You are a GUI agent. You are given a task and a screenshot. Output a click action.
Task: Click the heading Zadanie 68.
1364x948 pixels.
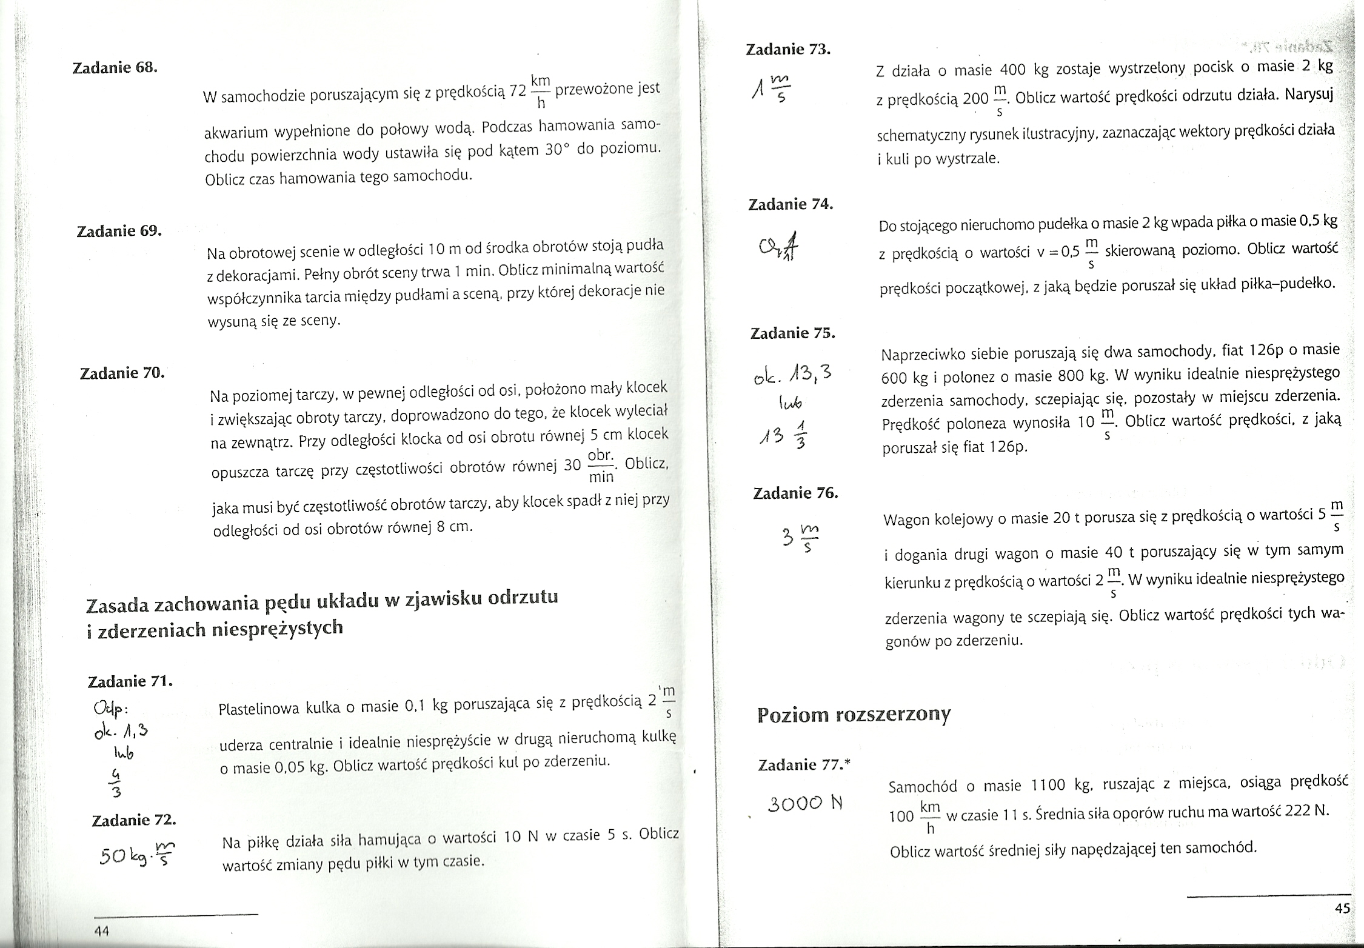[x=115, y=68]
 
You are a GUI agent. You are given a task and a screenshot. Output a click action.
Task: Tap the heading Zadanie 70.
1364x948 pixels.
[x=122, y=373]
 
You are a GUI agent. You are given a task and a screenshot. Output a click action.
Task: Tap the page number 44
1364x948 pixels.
[x=101, y=930]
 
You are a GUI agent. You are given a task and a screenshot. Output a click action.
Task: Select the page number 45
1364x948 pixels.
[x=1342, y=908]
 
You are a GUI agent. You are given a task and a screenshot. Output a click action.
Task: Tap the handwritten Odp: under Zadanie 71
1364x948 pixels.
[x=109, y=709]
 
